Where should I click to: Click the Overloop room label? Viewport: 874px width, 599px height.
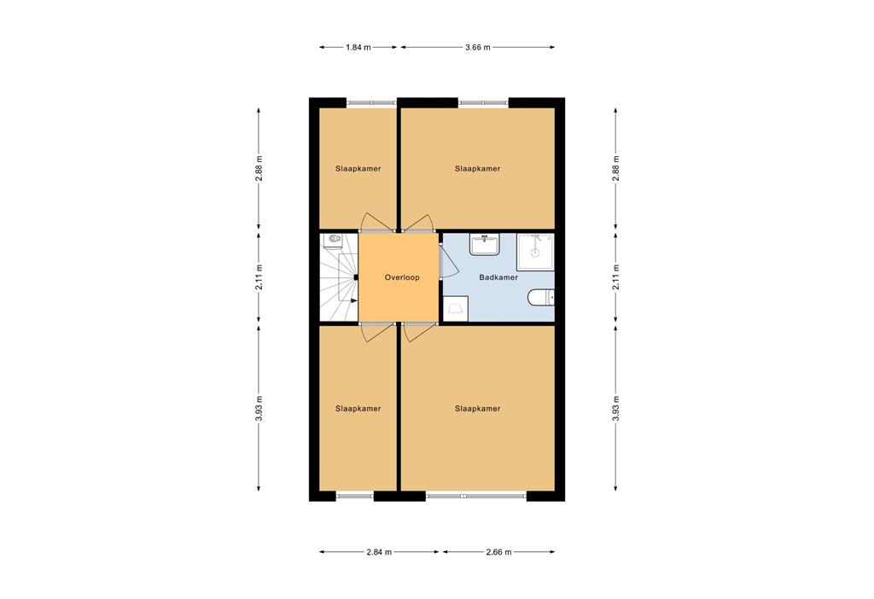click(401, 277)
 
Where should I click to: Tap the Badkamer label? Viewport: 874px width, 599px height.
click(498, 277)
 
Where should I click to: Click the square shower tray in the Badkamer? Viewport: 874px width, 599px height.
click(535, 251)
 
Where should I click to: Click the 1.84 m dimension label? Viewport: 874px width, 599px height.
click(358, 47)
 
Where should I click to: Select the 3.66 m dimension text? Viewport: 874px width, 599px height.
click(477, 47)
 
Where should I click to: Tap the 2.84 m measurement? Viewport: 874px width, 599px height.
click(379, 552)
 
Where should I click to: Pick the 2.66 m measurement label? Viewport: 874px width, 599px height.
click(498, 552)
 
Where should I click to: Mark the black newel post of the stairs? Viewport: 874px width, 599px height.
click(355, 277)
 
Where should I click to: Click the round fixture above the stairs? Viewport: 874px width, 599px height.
click(330, 240)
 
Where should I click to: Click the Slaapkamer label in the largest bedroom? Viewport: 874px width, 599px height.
click(477, 409)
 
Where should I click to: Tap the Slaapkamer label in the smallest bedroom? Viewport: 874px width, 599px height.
click(358, 169)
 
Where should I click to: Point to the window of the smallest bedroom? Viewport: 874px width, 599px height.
click(372, 103)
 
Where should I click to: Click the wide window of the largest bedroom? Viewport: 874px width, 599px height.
click(475, 495)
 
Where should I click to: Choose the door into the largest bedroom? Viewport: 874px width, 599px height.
click(418, 333)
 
